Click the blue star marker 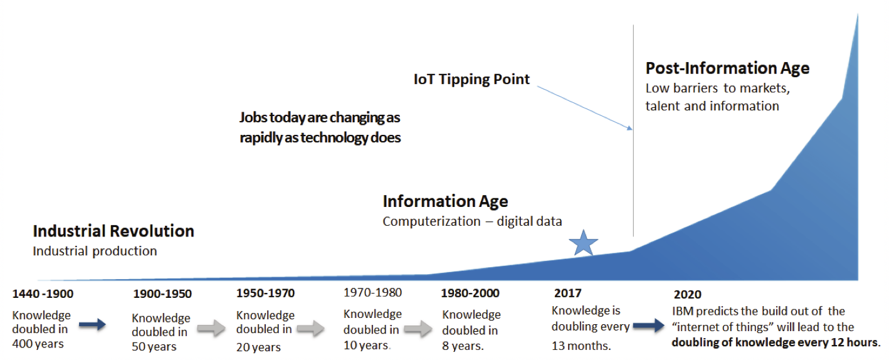584,243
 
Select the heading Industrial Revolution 113,231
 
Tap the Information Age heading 445,201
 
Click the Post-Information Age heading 727,68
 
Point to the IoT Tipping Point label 471,79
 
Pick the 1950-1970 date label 265,294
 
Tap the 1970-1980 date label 372,292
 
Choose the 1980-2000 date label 470,294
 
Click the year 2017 567,293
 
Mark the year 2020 687,294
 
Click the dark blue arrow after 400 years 93,324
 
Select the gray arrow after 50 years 210,327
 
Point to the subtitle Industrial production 95,251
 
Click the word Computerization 424,221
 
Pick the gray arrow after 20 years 310,327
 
